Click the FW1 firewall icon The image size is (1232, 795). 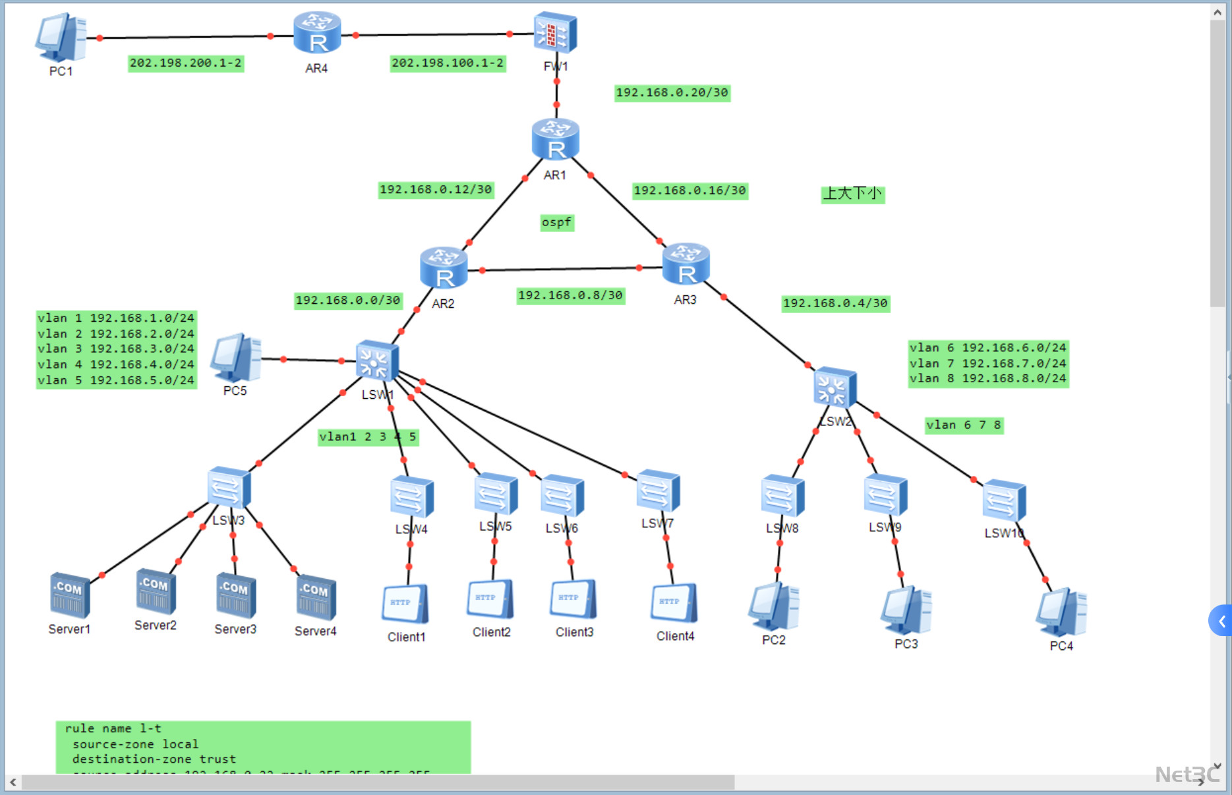point(555,33)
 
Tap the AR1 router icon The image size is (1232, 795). point(556,140)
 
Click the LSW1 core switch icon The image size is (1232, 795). point(376,361)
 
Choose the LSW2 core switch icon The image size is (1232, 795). point(835,387)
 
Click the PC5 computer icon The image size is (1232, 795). point(235,358)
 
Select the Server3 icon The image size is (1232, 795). point(235,595)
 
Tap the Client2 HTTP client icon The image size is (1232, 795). point(490,599)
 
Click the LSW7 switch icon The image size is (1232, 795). point(658,491)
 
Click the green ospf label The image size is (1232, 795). point(557,223)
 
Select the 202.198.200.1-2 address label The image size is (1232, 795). point(186,63)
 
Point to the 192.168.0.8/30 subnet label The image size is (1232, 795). point(570,295)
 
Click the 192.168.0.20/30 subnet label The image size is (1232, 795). point(672,93)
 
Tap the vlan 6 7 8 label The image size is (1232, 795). point(964,425)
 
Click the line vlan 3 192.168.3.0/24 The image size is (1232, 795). point(116,349)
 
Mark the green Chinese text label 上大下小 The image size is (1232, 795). point(852,194)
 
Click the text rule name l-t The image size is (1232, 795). point(113,728)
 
